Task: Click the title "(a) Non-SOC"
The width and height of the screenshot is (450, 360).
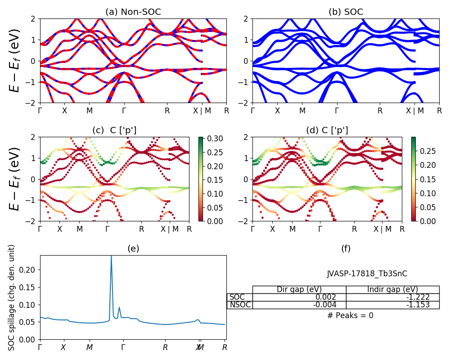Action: pyautogui.click(x=133, y=12)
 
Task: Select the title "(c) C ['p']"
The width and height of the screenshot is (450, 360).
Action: pyautogui.click(x=114, y=130)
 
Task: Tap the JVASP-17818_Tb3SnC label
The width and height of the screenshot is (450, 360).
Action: pyautogui.click(x=367, y=274)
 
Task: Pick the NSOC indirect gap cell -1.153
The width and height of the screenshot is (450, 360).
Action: pyautogui.click(x=418, y=305)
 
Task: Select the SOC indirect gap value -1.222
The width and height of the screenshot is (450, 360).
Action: pyautogui.click(x=418, y=297)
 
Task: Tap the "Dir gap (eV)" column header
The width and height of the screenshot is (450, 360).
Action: pyautogui.click(x=299, y=289)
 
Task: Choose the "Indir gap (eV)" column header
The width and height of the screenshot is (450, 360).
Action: pyautogui.click(x=392, y=289)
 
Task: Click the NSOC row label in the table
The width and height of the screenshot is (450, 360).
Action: pyautogui.click(x=239, y=305)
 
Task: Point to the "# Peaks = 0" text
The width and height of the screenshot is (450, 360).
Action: pyautogui.click(x=351, y=315)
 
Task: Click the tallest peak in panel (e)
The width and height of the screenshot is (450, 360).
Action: pyautogui.click(x=111, y=256)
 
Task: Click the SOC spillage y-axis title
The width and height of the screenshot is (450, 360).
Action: pyautogui.click(x=12, y=297)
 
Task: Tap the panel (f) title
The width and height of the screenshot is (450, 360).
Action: pyautogui.click(x=346, y=248)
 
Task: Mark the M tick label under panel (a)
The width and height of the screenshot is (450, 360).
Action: pyautogui.click(x=90, y=110)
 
